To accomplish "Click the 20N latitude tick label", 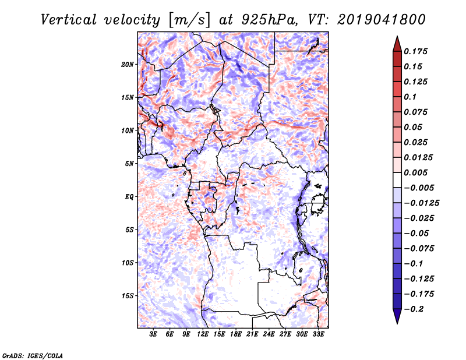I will click(x=128, y=64).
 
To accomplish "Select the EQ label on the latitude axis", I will click(x=129, y=197).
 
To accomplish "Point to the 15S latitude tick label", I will click(x=128, y=296).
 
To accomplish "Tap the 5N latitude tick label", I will click(x=129, y=164).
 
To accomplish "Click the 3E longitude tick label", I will click(x=154, y=334).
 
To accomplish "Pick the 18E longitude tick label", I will click(x=236, y=334).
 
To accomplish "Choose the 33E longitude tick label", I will click(x=318, y=334).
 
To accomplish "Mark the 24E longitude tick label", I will click(x=269, y=334).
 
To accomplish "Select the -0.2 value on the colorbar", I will click(x=417, y=309).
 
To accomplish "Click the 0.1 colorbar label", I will click(x=412, y=97).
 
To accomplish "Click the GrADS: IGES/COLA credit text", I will click(x=25, y=354).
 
